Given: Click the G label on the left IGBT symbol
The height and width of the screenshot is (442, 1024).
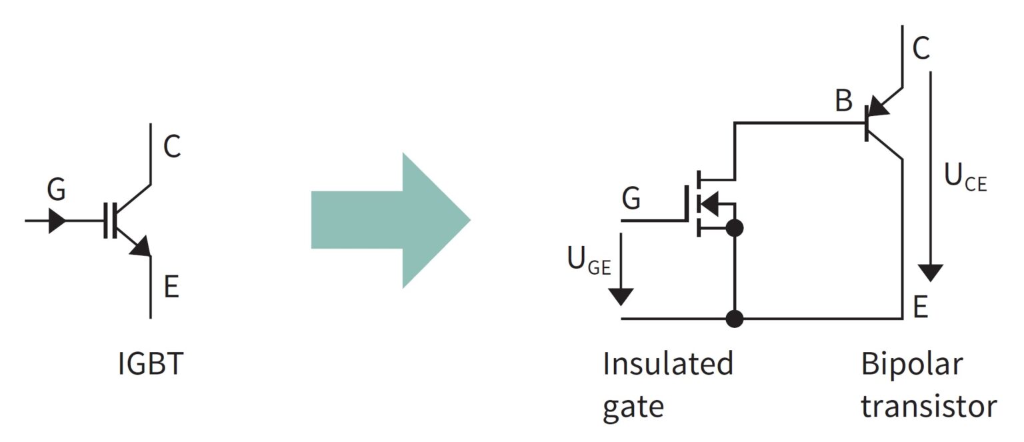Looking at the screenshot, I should pyautogui.click(x=57, y=191).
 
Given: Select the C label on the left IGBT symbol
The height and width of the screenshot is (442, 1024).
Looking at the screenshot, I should pyautogui.click(x=172, y=147).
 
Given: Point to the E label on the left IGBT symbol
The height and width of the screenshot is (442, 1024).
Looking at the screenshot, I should pyautogui.click(x=171, y=288).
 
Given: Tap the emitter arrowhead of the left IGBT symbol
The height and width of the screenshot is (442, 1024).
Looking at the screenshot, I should pyautogui.click(x=141, y=248).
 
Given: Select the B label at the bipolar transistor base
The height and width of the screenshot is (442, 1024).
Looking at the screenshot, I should pyautogui.click(x=843, y=101).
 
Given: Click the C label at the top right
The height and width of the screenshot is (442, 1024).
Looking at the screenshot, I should pyautogui.click(x=921, y=48).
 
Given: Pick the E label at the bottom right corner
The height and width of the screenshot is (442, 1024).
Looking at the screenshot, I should pyautogui.click(x=921, y=307).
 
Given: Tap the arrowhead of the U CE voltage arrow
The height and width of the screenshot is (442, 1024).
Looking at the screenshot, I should pyautogui.click(x=931, y=272).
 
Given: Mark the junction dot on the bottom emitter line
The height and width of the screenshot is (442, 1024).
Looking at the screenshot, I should pyautogui.click(x=734, y=319).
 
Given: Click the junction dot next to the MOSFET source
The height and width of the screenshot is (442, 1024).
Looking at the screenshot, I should pyautogui.click(x=734, y=228).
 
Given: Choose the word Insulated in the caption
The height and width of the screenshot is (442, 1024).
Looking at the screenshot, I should pyautogui.click(x=667, y=365).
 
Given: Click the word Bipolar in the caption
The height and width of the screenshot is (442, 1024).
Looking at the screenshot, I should pyautogui.click(x=911, y=366).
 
